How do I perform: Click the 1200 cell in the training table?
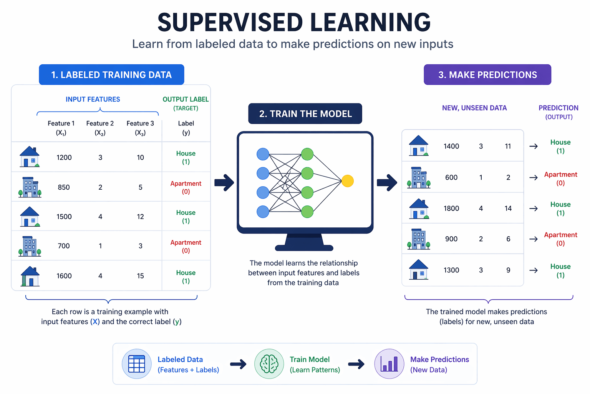[x=64, y=157]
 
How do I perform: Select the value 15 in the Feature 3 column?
[x=140, y=276]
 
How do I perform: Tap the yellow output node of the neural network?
[x=347, y=181]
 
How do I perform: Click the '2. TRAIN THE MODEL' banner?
[x=305, y=114]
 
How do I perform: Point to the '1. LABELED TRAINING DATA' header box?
[x=111, y=75]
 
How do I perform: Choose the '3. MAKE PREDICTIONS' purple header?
[x=487, y=75]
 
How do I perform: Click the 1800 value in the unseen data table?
[x=451, y=209]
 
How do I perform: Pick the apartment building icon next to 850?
[x=30, y=187]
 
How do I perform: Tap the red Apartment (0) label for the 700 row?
[x=186, y=246]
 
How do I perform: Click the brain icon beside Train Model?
[x=269, y=364]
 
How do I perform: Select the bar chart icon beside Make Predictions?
[x=389, y=364]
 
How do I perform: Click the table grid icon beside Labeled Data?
[x=136, y=364]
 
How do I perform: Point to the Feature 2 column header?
[x=100, y=128]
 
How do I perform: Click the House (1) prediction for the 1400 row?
[x=560, y=146]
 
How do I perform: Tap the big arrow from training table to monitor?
[x=224, y=183]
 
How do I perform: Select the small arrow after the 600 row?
[x=534, y=178]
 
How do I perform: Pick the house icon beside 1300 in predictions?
[x=419, y=270]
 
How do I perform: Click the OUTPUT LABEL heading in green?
[x=186, y=99]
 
